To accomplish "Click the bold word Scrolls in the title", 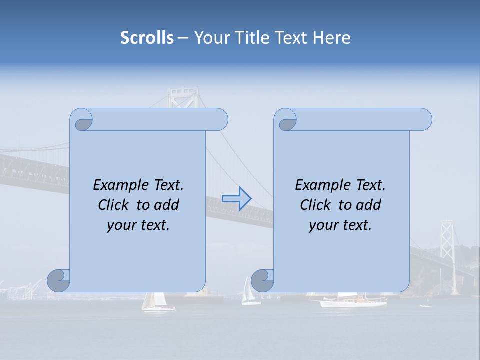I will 147,38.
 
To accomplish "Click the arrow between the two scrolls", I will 236,198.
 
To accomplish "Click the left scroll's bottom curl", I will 59,280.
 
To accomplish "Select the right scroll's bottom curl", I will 262,280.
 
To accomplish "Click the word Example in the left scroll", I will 118,185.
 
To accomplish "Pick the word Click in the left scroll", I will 113,205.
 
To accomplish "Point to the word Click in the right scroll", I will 315,205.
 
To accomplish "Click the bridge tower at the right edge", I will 447,240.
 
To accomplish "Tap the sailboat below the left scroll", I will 154,302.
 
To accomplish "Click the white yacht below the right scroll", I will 352,301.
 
